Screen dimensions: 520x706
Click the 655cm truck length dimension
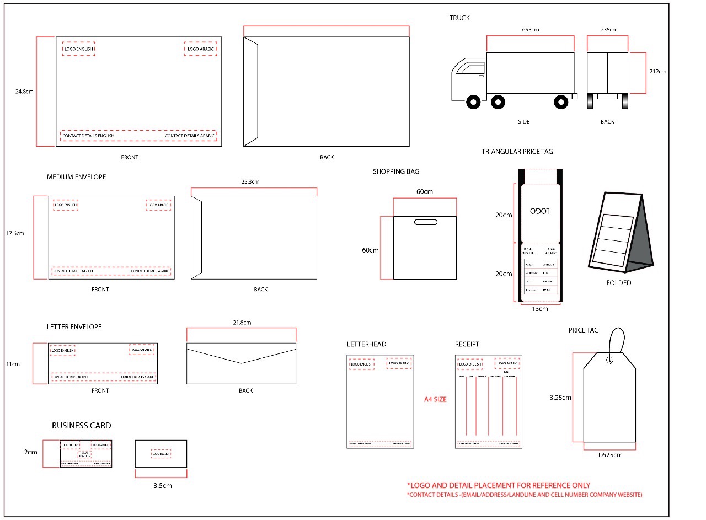[530, 30]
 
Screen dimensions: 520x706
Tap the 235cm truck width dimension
[609, 30]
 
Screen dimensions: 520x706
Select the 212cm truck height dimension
[657, 72]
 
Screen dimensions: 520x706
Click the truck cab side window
[469, 69]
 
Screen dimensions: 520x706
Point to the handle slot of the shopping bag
[425, 223]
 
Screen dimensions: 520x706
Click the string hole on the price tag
[609, 360]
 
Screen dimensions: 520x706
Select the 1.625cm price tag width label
[609, 455]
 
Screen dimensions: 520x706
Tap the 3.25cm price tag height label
[560, 397]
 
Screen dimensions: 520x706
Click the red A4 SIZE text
[435, 399]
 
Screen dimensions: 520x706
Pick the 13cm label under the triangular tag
[539, 309]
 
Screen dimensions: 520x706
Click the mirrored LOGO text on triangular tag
[541, 211]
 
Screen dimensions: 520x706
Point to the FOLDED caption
[618, 283]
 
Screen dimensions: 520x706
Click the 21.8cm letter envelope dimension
[242, 322]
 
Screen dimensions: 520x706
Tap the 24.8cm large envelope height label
[24, 92]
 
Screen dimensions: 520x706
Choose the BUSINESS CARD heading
[81, 426]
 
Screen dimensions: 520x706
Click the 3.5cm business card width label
[162, 486]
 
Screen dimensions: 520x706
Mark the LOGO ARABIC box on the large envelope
[201, 49]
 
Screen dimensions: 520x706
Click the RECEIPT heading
[467, 344]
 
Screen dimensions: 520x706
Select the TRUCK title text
[459, 18]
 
